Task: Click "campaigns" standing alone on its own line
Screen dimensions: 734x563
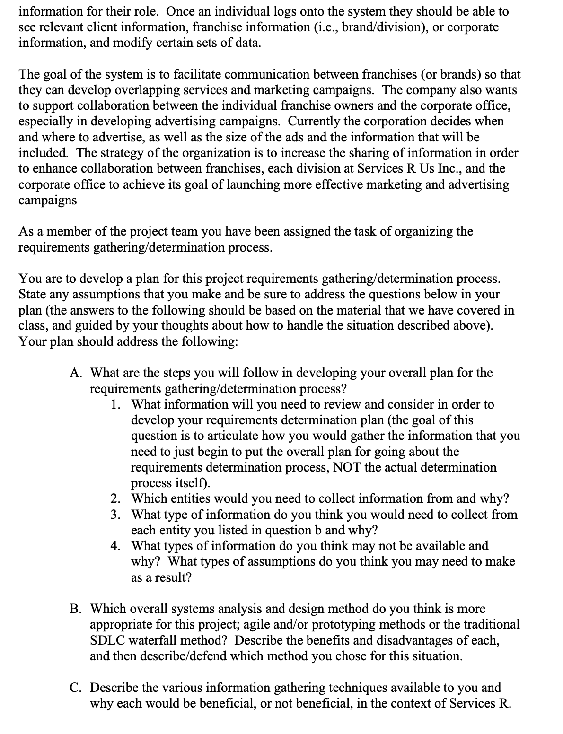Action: (x=47, y=200)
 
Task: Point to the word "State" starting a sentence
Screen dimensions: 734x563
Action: (x=32, y=294)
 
